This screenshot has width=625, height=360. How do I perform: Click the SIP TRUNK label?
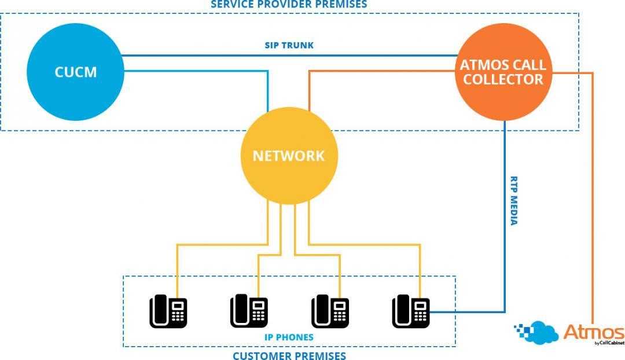pyautogui.click(x=289, y=45)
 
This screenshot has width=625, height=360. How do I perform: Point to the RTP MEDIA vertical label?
pyautogui.click(x=513, y=200)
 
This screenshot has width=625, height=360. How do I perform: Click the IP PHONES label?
pyautogui.click(x=289, y=337)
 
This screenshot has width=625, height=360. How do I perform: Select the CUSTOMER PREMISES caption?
pyautogui.click(x=289, y=355)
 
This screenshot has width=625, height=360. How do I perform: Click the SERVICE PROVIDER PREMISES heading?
pyautogui.click(x=288, y=4)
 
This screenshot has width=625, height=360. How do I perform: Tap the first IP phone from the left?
pyautogui.click(x=168, y=311)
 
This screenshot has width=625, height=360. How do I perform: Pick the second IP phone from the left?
pyautogui.click(x=249, y=311)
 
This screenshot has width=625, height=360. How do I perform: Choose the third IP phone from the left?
pyautogui.click(x=330, y=311)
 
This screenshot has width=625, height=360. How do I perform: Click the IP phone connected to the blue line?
pyautogui.click(x=411, y=311)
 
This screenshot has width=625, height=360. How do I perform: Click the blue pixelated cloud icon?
pyautogui.click(x=535, y=333)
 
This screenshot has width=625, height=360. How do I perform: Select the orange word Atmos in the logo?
pyautogui.click(x=594, y=333)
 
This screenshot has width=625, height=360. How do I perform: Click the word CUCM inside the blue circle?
pyautogui.click(x=75, y=72)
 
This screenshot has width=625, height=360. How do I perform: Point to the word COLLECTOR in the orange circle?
pyautogui.click(x=503, y=79)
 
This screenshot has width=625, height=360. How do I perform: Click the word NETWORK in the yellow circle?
pyautogui.click(x=288, y=156)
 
